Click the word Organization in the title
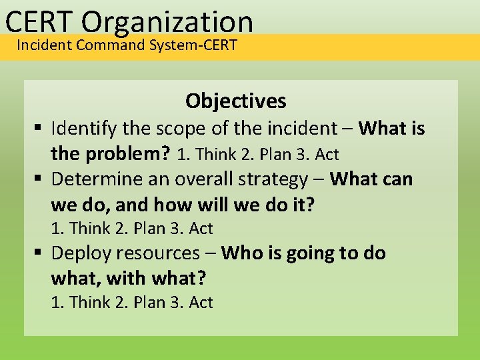[169, 21]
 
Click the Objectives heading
[236, 101]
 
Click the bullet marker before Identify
[41, 129]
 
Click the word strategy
[273, 179]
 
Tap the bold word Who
[239, 253]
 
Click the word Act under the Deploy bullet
[201, 303]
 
